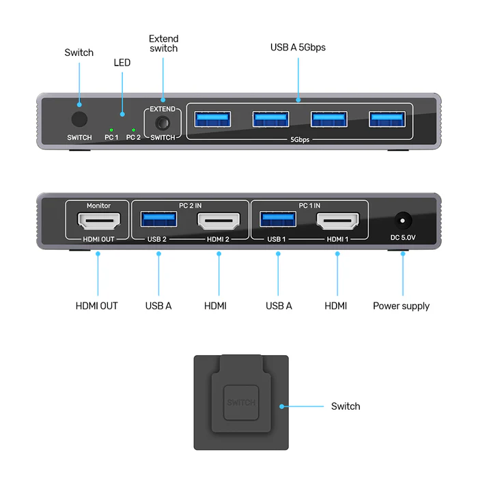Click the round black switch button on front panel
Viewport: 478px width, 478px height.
point(80,119)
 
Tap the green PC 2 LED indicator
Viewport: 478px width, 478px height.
point(133,129)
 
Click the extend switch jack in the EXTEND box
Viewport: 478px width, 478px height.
point(163,124)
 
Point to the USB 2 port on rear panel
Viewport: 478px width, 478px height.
point(158,219)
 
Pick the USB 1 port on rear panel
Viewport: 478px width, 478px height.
point(278,219)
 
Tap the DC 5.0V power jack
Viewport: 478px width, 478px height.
point(403,220)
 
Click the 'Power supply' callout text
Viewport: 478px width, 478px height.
point(401,306)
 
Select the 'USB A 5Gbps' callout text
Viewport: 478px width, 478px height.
point(298,47)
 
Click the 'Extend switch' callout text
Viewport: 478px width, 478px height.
point(163,44)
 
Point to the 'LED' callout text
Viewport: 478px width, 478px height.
point(122,63)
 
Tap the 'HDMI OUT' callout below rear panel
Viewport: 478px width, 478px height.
point(96,306)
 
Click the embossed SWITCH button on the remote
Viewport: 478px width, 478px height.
point(240,402)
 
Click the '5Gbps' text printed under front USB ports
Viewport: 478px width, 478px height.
point(299,140)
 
